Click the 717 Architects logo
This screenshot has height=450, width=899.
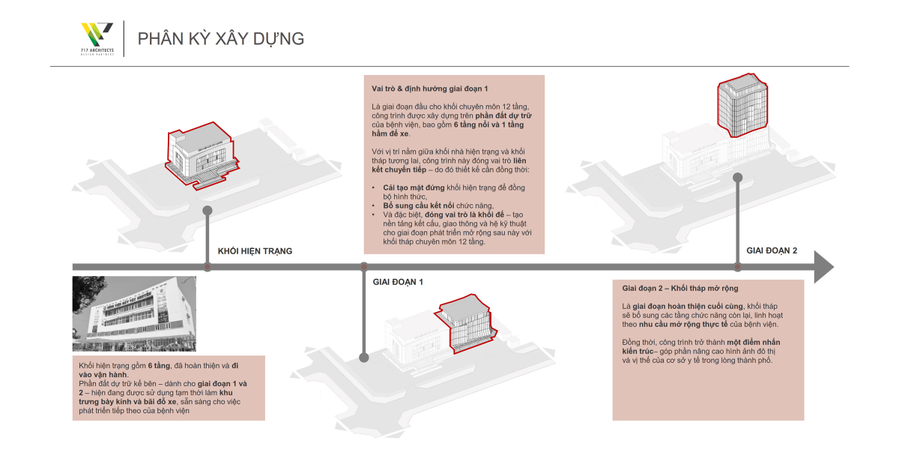coord(97,38)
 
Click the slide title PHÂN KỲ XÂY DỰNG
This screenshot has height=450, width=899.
coord(221,39)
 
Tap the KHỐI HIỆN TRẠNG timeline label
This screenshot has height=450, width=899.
coord(255,251)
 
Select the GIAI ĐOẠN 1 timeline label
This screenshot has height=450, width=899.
coord(398,282)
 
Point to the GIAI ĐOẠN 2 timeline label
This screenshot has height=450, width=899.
coord(772,250)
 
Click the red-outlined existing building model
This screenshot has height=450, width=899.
coord(201,156)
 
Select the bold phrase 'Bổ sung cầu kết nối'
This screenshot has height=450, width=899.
coord(414,205)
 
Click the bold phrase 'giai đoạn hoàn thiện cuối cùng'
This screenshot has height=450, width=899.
coord(688,306)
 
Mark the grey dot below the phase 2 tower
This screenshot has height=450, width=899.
coord(738,178)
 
